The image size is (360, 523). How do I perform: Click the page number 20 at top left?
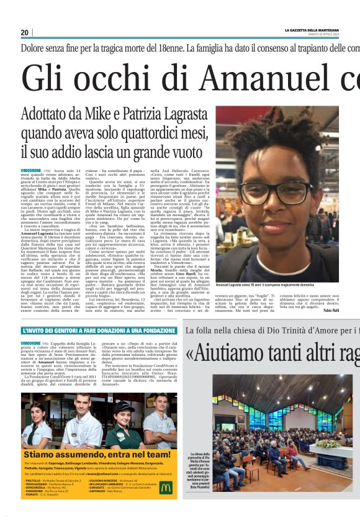tap(25, 32)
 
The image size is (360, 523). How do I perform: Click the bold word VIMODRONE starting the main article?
tap(31, 170)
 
